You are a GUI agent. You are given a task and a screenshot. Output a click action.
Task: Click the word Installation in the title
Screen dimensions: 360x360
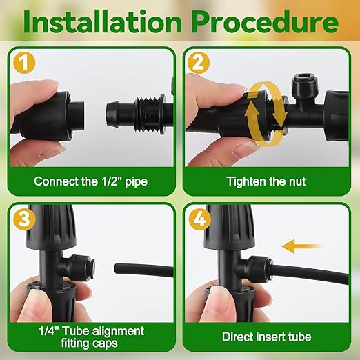pos(102,23)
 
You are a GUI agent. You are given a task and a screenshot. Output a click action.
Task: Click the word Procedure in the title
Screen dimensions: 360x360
pos(266,23)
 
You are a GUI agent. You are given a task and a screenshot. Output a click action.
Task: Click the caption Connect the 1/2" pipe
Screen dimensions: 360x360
pos(90,182)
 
